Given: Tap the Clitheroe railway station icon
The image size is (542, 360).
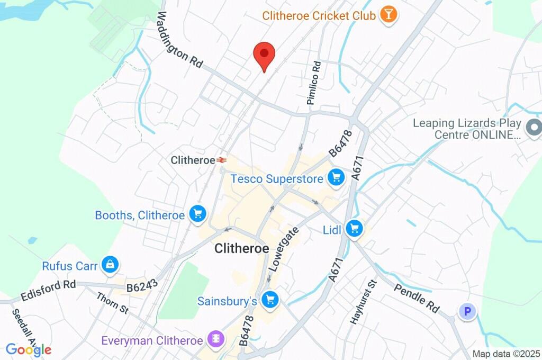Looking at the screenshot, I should click(x=221, y=159).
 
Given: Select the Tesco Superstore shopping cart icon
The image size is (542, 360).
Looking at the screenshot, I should click(x=335, y=178).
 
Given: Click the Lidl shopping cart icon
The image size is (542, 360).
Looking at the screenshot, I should click(x=354, y=229).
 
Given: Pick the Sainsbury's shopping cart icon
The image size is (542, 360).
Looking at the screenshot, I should click(x=270, y=300).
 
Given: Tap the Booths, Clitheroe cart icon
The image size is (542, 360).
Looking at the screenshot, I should click(x=198, y=214).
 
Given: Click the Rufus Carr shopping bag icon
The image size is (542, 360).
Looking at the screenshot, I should click(x=110, y=265).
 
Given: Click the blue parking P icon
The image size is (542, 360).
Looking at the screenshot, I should click(x=467, y=312).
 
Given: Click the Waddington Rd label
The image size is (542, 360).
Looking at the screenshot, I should click(x=179, y=40).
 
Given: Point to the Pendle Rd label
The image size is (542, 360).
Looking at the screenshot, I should click(x=417, y=300).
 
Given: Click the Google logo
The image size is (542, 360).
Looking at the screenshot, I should click(x=29, y=349).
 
